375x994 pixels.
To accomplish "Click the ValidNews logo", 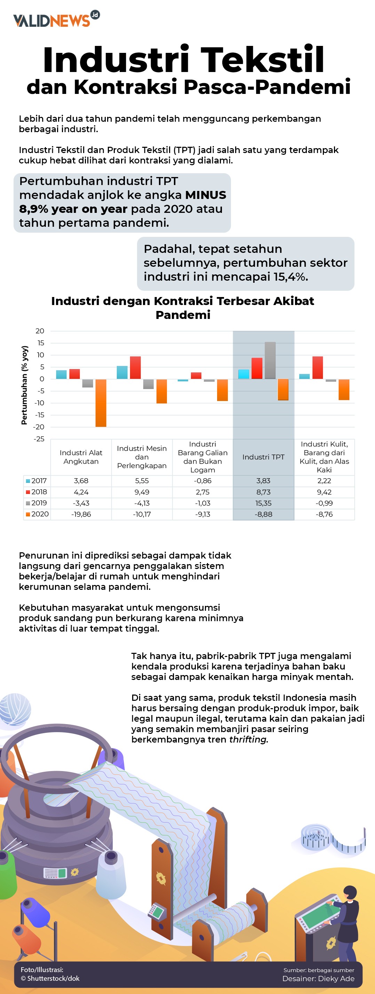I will click(x=56, y=19).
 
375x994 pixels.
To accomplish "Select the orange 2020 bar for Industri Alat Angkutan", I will click(x=101, y=403).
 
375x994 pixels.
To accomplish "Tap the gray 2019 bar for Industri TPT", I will click(x=270, y=360).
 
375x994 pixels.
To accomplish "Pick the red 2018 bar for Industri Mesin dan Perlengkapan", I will click(x=135, y=367).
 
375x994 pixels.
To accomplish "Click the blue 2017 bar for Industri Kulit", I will click(x=304, y=376).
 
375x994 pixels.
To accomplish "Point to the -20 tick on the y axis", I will click(x=39, y=427).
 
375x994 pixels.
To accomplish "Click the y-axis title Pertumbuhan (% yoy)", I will click(x=24, y=385).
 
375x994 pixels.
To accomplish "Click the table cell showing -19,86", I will click(x=81, y=514).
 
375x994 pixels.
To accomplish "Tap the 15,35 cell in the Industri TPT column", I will click(x=263, y=503).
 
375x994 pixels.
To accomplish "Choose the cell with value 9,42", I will click(x=324, y=492).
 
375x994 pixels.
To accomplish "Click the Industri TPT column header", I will click(x=263, y=457).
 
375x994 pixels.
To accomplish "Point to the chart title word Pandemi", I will click(x=183, y=315).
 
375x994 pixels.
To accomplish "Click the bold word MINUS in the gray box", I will click(x=206, y=195).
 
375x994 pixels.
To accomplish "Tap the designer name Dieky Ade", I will click(x=336, y=978).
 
